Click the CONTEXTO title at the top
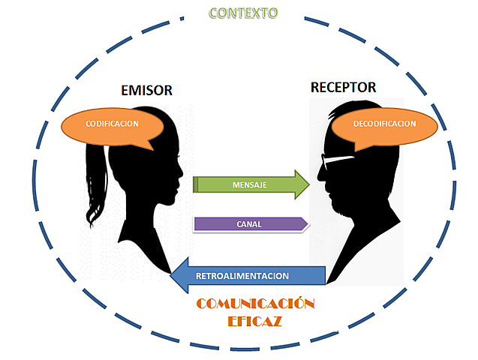pyautogui.click(x=242, y=13)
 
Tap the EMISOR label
pyautogui.click(x=146, y=91)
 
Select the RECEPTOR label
pyautogui.click(x=343, y=88)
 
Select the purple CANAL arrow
pyautogui.click(x=248, y=223)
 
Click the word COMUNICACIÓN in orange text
pyautogui.click(x=254, y=304)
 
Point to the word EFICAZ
pyautogui.click(x=255, y=321)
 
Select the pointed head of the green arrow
pyautogui.click(x=302, y=184)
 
